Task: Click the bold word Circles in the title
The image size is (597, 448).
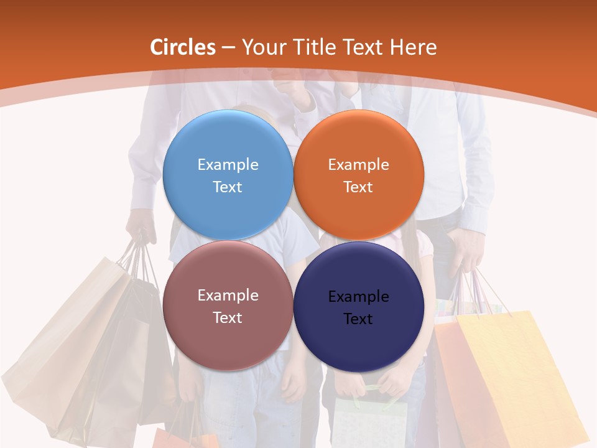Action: [183, 47]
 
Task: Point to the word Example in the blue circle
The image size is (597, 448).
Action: [228, 165]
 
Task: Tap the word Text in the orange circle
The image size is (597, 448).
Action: [358, 187]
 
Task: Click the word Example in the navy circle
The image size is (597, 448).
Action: [358, 297]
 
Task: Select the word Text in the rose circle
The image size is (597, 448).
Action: [228, 317]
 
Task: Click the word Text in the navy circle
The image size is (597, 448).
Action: [358, 319]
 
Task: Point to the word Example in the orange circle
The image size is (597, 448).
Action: [358, 165]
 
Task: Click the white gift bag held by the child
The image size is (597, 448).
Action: [370, 423]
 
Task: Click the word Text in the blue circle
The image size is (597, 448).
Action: [228, 187]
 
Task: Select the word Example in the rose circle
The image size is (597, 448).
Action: [228, 296]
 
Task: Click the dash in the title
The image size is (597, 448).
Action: [228, 48]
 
